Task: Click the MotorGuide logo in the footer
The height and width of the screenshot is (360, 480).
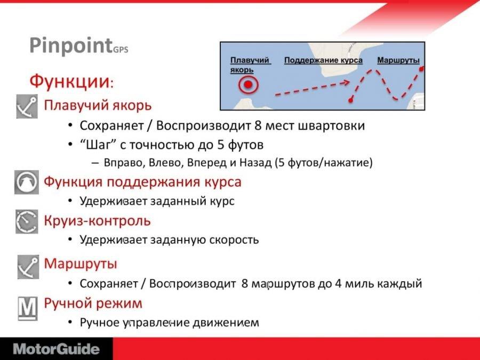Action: point(57,349)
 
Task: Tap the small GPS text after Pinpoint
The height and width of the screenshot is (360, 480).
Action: point(121,49)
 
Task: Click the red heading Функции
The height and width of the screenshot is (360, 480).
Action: point(69,81)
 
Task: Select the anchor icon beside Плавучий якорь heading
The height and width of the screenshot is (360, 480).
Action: point(27,106)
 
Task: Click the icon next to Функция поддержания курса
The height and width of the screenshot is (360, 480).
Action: point(27,182)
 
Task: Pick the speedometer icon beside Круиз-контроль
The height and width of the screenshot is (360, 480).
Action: point(27,221)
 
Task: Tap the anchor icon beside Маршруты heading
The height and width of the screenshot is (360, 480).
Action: point(28,267)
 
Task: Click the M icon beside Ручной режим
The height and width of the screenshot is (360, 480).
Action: point(28,309)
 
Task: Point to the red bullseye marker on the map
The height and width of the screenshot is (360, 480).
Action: point(248,84)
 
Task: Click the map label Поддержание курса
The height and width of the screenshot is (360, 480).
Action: point(323,60)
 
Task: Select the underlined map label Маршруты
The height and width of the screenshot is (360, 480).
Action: point(398,60)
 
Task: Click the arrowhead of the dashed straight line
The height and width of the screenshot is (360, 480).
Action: point(346,82)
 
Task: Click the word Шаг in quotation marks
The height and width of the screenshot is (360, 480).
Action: point(98,145)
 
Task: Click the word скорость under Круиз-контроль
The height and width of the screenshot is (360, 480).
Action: point(234,239)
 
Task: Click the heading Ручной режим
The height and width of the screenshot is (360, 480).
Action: point(93,303)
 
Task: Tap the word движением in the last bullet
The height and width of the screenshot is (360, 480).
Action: point(226,323)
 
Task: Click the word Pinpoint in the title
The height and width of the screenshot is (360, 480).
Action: point(71,45)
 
